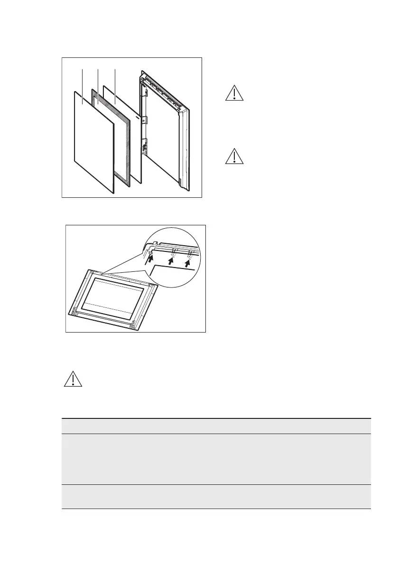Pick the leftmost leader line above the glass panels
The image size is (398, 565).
[x=83, y=85]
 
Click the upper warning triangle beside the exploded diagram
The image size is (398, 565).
[x=234, y=93]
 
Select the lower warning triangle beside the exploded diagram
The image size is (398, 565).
[x=234, y=156]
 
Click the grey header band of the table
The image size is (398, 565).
[x=216, y=426]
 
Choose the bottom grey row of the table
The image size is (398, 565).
[x=216, y=497]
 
